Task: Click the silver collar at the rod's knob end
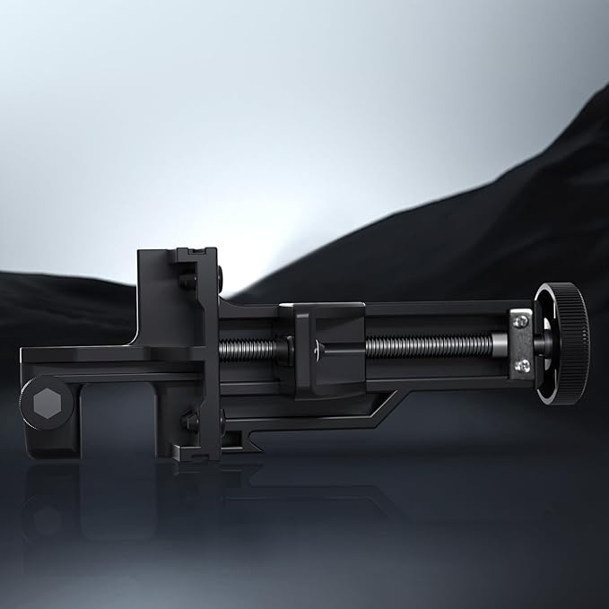(x=496, y=343)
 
